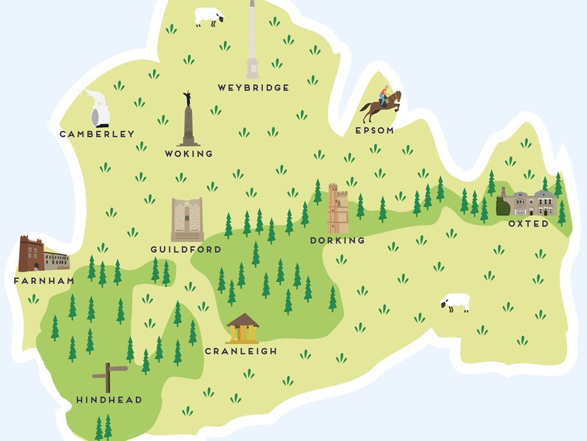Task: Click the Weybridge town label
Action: tap(253, 88)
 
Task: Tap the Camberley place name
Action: tap(97, 134)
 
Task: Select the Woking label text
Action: tap(189, 154)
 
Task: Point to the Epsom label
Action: tap(374, 130)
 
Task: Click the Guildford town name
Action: tap(186, 250)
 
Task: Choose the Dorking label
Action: tap(338, 240)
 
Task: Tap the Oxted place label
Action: tap(529, 223)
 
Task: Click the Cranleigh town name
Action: tap(241, 351)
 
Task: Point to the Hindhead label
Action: tap(109, 400)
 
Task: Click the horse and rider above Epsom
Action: tap(380, 105)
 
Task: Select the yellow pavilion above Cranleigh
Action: tap(242, 329)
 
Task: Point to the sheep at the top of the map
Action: tap(208, 17)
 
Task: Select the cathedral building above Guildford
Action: tap(187, 220)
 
